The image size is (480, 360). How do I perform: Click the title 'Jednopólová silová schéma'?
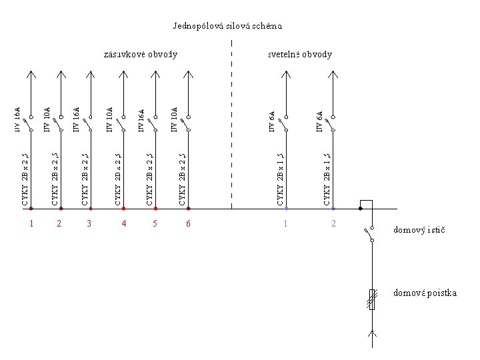coord(227,27)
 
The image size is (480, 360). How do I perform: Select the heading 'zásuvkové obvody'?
coord(141,54)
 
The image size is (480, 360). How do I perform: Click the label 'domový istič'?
coord(419,230)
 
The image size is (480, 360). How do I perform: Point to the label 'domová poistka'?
coord(425,293)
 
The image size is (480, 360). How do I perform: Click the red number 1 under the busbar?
coord(31,223)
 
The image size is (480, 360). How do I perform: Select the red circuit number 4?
coord(123,223)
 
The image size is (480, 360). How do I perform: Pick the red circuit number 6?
coord(188,223)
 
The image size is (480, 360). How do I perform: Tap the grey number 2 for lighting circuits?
coord(334,223)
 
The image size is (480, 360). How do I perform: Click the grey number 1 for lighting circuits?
coord(285,223)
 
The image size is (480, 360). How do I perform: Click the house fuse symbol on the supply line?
coord(372,299)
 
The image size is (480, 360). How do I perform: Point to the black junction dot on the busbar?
coord(360,209)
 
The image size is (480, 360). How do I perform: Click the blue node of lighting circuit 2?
coord(334,209)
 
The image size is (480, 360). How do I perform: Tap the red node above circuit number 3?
coord(91,209)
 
